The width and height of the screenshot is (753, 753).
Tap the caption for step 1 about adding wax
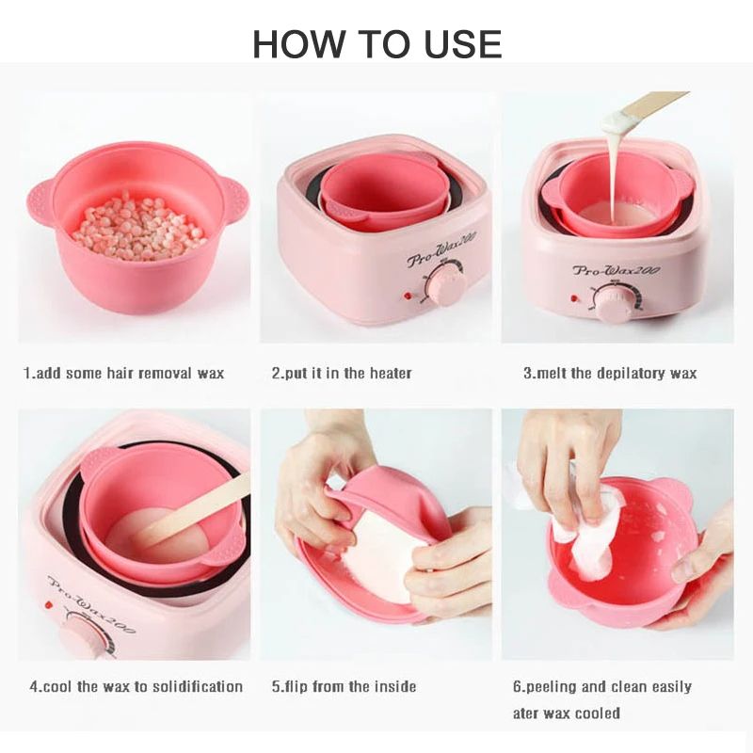pos(123,373)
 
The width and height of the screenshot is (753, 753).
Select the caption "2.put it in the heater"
pos(342,373)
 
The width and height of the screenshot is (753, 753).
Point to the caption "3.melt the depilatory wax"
pos(610,373)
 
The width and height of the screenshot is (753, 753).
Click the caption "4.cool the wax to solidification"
pos(136,686)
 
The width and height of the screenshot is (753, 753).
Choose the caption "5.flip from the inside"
pos(344,686)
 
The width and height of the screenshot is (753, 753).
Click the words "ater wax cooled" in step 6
pos(566,713)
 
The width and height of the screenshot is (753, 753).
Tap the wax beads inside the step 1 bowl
pos(138,226)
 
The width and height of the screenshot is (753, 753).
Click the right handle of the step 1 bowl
pos(232,199)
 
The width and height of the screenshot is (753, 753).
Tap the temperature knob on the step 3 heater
pos(614,300)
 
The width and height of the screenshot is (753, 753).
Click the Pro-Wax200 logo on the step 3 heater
pos(617,271)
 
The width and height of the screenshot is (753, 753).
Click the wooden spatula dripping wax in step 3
pos(649,104)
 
